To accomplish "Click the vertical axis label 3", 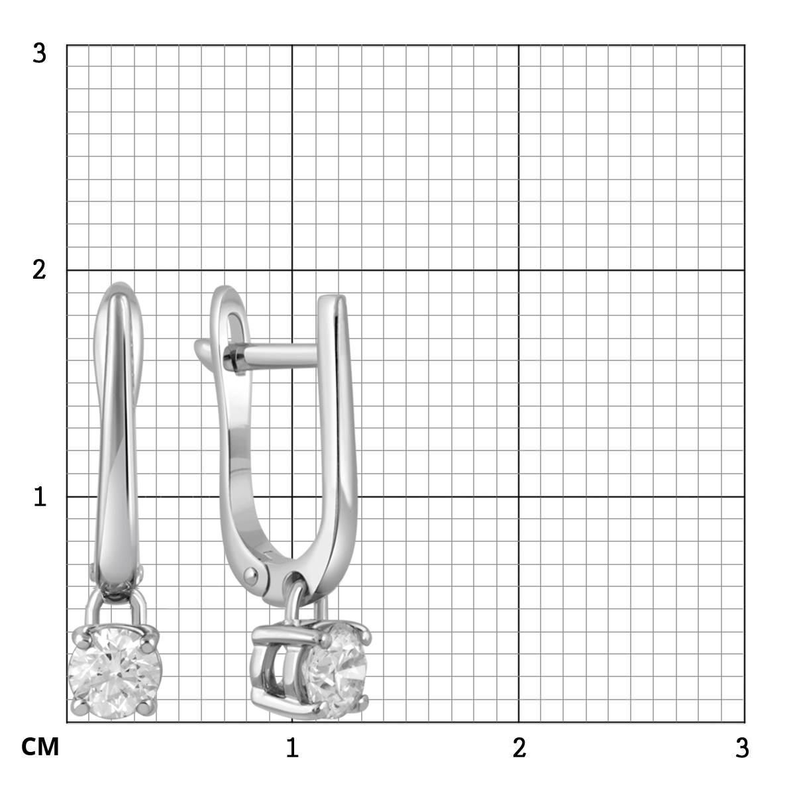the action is point(39,54).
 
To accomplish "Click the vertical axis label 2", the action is point(39,271).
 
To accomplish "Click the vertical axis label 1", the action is point(40,497).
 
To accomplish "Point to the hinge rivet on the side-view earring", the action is point(250,574).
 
